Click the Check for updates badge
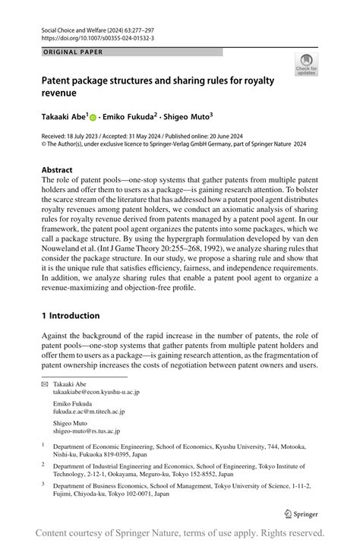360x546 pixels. (x=307, y=64)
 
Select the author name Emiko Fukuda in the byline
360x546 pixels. (x=131, y=117)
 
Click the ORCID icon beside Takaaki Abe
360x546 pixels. (x=93, y=118)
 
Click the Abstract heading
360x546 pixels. (x=57, y=170)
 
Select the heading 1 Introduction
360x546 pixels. (x=71, y=315)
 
